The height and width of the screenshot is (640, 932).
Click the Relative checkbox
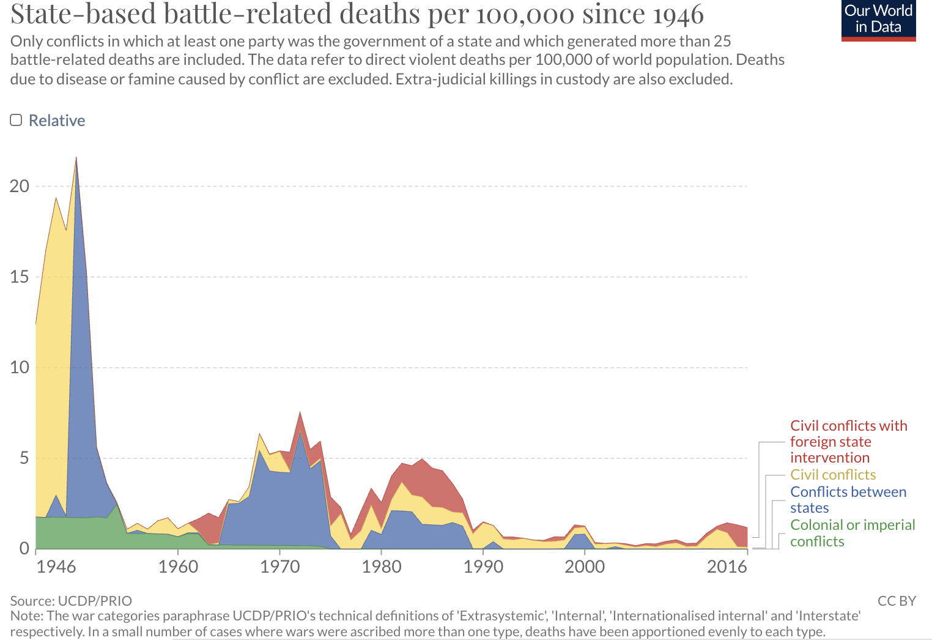[x=17, y=120]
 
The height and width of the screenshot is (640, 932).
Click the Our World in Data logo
[x=878, y=20]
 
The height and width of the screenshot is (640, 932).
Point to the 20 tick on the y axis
[x=20, y=186]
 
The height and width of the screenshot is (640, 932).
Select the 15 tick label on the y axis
[x=20, y=277]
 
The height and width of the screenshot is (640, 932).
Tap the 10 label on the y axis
[x=20, y=367]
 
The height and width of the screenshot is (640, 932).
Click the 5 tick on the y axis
[x=24, y=458]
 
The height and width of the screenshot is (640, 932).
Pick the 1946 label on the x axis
[x=56, y=567]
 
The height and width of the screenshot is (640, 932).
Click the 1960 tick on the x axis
[x=178, y=567]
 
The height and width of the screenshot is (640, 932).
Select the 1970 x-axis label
[x=279, y=567]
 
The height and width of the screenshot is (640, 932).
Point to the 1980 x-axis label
[x=382, y=567]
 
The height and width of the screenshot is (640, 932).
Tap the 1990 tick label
[x=483, y=567]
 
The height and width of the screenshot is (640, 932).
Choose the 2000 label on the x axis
[x=585, y=567]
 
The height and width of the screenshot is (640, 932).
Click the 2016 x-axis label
[x=727, y=567]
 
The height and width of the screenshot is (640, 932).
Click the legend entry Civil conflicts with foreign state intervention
[x=848, y=441]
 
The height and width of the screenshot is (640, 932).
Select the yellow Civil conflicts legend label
[x=833, y=475]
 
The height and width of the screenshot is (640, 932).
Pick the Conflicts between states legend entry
[x=848, y=499]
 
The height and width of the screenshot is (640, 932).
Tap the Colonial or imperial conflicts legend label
[x=852, y=533]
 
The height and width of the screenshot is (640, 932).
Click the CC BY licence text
[x=897, y=601]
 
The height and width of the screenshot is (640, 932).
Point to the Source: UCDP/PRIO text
[x=71, y=601]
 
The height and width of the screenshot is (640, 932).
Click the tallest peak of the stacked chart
[x=76, y=158]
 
